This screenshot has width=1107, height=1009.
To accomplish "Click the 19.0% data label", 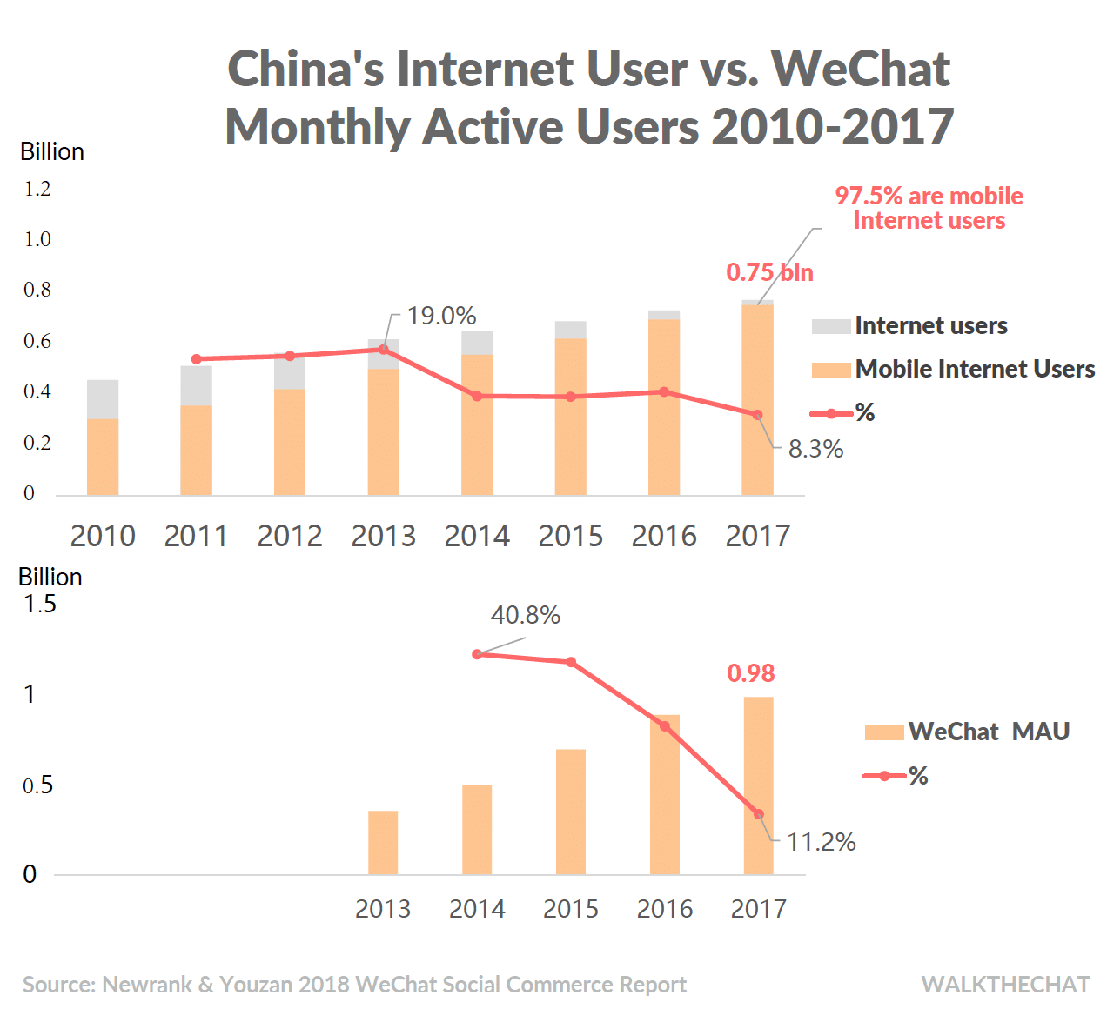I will click(441, 316).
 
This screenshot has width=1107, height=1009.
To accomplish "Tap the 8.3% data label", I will click(815, 449).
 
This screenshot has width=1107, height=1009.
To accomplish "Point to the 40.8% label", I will click(525, 615).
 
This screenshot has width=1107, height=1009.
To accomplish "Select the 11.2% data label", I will click(821, 842).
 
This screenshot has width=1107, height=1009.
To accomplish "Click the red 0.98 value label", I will click(750, 673).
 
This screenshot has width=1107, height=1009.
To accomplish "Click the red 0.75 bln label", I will click(769, 272).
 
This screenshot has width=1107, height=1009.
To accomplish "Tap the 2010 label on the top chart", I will click(103, 536).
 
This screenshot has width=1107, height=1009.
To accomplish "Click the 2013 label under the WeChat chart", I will click(383, 909).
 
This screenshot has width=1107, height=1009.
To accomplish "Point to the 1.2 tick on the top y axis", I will click(37, 189).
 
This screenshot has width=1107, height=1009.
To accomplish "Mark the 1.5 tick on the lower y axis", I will click(39, 604).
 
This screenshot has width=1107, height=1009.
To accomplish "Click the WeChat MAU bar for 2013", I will click(383, 843).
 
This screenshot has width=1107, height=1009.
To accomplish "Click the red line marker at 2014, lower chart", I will click(477, 654).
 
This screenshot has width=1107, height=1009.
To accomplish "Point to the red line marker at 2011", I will click(196, 359).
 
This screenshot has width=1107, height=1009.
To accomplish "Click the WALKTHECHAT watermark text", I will click(1005, 985).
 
